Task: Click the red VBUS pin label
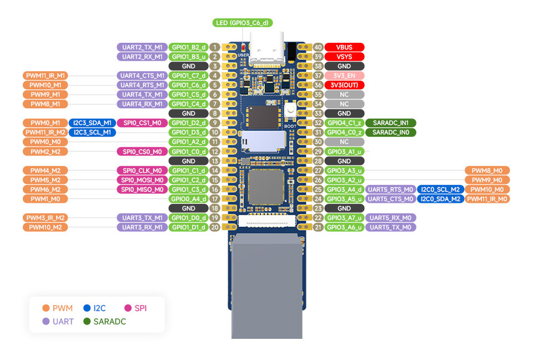344,47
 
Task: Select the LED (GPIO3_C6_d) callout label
243,23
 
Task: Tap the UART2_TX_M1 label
142,47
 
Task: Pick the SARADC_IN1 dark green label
390,123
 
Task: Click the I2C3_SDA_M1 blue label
93,123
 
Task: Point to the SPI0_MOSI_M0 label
142,180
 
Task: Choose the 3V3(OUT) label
344,85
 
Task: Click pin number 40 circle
318,47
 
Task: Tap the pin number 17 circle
214,199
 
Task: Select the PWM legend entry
57,308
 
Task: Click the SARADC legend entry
105,322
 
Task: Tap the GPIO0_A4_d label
189,199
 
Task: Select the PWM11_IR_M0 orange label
487,199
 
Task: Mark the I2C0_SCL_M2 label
440,189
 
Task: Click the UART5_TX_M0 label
390,227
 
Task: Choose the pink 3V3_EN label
344,76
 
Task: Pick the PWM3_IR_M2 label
45,218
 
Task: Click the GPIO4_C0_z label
344,132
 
